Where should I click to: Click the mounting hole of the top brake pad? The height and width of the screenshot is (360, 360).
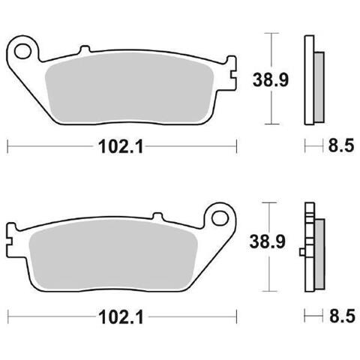pos(23,52)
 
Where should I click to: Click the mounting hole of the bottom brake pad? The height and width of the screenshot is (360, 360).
pos(220,218)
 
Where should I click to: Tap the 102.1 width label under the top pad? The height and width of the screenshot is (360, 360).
pos(121,146)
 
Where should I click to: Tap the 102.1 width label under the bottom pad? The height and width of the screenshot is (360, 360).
pos(121,317)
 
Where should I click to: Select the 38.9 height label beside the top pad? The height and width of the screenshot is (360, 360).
pos(271,80)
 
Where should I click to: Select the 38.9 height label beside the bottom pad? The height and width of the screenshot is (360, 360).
pos(268,241)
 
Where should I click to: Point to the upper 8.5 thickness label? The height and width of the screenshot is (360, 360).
pos(341,145)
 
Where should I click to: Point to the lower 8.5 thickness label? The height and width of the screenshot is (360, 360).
pos(342,316)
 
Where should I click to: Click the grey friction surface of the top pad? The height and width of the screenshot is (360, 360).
pos(129,88)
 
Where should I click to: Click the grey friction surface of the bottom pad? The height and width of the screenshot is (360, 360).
pos(113,254)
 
